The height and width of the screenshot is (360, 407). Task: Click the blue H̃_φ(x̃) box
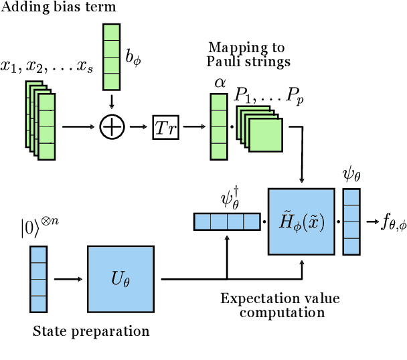click(301, 221)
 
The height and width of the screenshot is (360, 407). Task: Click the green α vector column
click(218, 126)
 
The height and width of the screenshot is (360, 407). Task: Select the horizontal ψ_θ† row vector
click(227, 221)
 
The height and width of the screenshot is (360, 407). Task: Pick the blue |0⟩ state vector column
click(38, 279)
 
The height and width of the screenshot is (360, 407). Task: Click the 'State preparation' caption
click(90, 331)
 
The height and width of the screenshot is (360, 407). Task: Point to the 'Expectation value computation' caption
click(272, 305)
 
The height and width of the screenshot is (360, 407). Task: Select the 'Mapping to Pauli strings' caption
click(246, 54)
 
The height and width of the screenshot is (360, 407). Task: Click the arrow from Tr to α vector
click(193, 126)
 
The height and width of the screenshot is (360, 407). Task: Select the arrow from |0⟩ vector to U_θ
click(66, 279)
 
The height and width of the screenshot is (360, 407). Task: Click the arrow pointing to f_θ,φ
click(370, 221)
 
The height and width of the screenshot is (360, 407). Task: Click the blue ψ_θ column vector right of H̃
click(351, 221)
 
